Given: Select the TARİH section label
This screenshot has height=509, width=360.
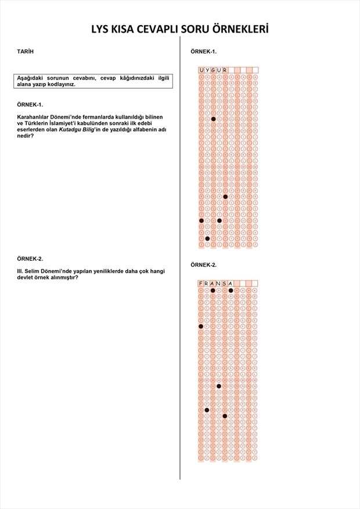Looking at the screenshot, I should (26, 52).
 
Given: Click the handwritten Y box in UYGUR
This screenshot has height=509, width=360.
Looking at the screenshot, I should (207, 70).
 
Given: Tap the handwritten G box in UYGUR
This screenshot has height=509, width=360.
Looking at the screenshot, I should (213, 70).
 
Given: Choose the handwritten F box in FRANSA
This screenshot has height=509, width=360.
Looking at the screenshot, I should (201, 283).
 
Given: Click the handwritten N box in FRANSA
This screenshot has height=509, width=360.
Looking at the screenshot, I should (219, 283).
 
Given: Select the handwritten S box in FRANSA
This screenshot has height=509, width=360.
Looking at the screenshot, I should (225, 283).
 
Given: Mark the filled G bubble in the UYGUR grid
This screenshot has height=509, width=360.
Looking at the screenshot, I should (213, 119).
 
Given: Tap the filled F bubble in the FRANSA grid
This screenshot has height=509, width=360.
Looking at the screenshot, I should (201, 327).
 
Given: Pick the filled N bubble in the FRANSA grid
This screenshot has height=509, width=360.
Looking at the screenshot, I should (219, 386).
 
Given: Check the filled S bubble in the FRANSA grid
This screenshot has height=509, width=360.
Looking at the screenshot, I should (225, 416).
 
